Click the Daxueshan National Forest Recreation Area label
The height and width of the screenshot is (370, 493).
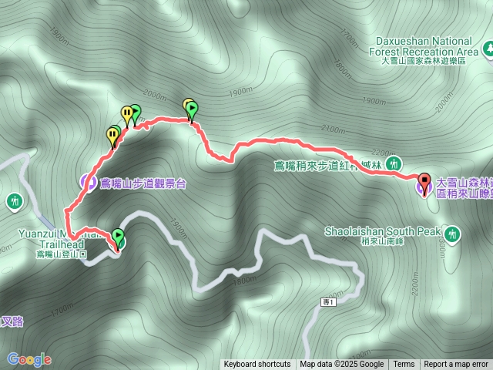[x=424, y=47]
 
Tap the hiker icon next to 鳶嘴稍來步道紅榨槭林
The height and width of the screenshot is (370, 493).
[x=394, y=163]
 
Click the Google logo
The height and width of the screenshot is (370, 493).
[x=29, y=358]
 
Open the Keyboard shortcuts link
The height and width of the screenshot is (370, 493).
[x=257, y=365]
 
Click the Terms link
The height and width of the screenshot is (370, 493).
[x=404, y=365]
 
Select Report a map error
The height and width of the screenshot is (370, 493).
[x=456, y=365]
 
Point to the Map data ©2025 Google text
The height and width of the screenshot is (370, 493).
[x=342, y=365]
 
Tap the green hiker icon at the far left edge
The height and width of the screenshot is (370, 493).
[x=14, y=202]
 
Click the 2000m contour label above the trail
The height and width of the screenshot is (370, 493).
[x=154, y=96]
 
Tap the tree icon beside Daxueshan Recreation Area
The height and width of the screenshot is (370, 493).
[x=488, y=52]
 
